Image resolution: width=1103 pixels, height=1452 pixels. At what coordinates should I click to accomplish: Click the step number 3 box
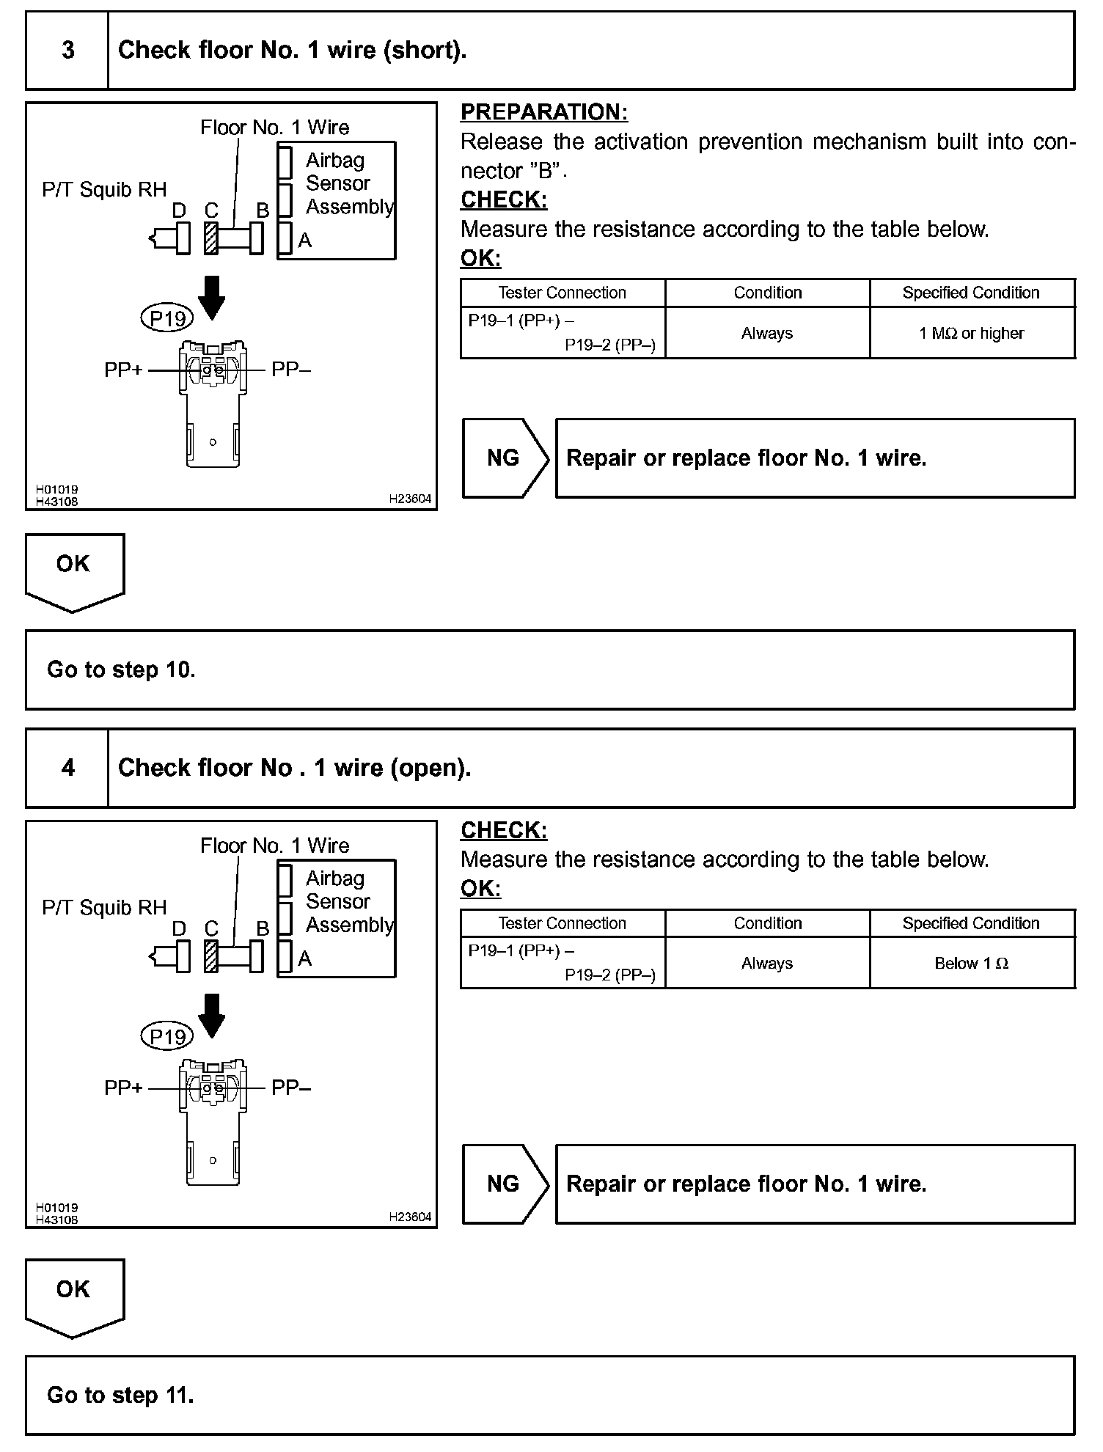[x=67, y=50]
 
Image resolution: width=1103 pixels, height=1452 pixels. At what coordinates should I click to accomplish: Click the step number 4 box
[x=67, y=768]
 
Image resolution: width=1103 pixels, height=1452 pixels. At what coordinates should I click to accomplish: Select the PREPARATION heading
[x=544, y=112]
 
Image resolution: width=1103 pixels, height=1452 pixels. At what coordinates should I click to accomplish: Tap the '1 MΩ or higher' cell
[x=972, y=333]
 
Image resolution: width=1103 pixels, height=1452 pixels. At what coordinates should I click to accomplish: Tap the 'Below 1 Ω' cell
[x=972, y=963]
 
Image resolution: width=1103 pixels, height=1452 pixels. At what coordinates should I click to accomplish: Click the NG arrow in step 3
[x=505, y=458]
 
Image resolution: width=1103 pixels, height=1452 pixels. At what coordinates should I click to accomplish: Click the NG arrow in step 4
[x=505, y=1184]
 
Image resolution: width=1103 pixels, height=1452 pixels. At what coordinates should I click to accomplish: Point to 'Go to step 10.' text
[x=121, y=670]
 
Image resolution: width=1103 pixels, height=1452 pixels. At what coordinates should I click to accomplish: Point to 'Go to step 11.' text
[x=120, y=1395]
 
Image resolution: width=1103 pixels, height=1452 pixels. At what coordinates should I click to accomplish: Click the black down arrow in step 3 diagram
[x=212, y=297]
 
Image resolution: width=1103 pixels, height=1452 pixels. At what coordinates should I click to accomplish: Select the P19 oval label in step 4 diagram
[x=167, y=1036]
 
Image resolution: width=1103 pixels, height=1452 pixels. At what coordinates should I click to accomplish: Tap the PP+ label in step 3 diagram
[x=123, y=370]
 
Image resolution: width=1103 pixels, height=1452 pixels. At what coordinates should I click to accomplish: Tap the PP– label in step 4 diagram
[x=291, y=1088]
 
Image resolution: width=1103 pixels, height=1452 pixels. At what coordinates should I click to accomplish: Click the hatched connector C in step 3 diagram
[x=211, y=238]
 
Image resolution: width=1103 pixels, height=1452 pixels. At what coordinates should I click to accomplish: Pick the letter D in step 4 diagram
[x=179, y=928]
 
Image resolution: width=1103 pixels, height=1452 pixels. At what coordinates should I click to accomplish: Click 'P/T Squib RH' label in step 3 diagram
[x=104, y=190]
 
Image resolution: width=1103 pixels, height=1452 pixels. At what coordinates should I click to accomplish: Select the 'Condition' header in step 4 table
[x=767, y=923]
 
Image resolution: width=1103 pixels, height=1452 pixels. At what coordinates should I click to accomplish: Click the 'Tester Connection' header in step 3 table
[x=562, y=293]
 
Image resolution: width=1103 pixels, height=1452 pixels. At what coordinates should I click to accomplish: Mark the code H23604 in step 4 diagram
[x=410, y=1217]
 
